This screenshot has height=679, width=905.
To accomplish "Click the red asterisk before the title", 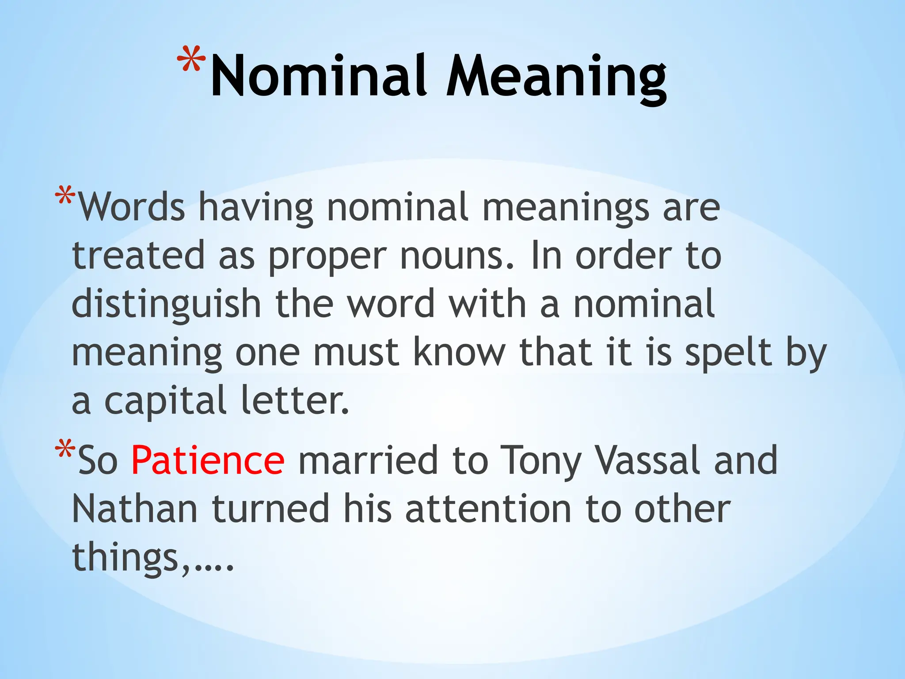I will (x=191, y=60).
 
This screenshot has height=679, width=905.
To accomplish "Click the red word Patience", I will (x=208, y=461).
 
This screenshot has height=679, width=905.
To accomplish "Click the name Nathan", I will (x=134, y=509).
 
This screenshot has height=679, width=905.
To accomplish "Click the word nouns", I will (x=456, y=256).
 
